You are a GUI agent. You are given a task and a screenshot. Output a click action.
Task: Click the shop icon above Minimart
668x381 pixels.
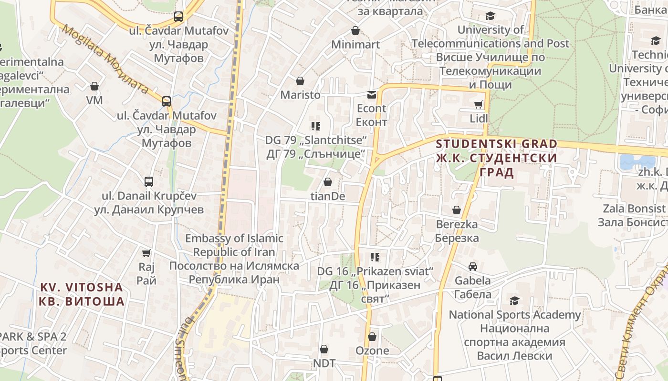coord(355,31)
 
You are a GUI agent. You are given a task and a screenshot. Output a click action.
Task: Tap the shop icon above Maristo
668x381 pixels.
coord(300,81)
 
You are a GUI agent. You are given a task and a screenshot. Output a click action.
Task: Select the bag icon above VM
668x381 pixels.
coord(94,86)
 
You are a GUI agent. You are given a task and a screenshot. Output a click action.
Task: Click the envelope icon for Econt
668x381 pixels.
coord(371,95)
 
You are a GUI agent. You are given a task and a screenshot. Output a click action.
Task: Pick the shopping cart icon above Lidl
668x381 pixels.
coord(478,104)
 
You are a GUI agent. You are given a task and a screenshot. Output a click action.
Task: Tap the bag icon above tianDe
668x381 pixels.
coord(328,182)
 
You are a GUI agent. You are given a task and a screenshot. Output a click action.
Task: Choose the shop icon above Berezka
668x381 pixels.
coord(457,210)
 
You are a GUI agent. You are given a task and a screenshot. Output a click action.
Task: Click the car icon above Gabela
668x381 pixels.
coord(472,267)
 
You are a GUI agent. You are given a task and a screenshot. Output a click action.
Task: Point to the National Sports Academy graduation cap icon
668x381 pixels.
coord(514,301)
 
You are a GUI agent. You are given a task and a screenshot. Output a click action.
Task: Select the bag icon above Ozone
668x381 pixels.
coord(372,337)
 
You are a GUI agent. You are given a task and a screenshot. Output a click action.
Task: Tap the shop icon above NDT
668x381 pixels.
coord(324,350)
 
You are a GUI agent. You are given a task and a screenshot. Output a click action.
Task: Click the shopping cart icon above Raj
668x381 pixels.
coord(146,253)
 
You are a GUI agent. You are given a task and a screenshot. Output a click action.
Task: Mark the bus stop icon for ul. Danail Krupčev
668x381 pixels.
coord(149,182)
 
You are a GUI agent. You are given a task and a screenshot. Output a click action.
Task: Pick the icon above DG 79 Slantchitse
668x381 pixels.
coord(316,126)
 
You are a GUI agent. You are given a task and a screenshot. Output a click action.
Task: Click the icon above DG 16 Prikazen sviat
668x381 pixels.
coord(375,257)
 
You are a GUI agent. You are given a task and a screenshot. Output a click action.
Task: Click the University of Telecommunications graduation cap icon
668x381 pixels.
coord(490,16)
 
